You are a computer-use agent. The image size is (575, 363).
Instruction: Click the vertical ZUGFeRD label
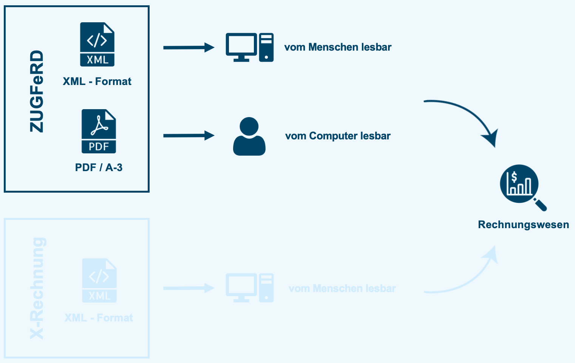pos(37,91)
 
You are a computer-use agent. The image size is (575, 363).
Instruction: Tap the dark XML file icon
pos(97,44)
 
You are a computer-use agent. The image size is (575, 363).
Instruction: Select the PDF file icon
pos(99,131)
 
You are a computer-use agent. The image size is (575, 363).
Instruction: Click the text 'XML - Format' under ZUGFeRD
pos(97,81)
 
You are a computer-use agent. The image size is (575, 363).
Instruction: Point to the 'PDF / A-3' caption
pos(99,167)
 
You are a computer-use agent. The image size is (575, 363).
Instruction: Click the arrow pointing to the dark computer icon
pos(189,48)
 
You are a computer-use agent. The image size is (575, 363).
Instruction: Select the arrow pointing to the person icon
pos(189,135)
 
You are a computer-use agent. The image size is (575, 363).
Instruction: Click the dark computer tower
pos(266,48)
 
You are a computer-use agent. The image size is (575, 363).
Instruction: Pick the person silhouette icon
pos(249,137)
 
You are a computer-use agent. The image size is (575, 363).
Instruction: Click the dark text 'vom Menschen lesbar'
pos(338,47)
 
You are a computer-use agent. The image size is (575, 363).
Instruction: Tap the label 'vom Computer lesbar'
pos(338,136)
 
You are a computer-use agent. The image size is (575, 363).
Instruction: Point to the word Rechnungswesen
pos(523,225)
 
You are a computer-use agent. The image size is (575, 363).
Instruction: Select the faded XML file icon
pos(99,280)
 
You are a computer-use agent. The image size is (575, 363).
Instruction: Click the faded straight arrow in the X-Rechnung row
pos(189,288)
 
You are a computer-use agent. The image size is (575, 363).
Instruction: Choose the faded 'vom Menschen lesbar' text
pos(342,289)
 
